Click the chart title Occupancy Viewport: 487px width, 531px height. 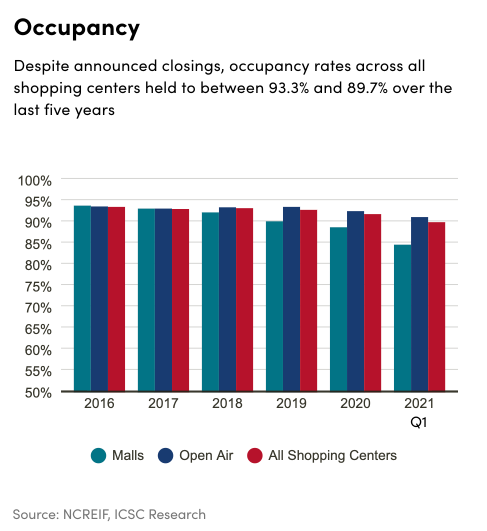click(x=76, y=28)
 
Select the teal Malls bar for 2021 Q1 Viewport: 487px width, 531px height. click(x=402, y=317)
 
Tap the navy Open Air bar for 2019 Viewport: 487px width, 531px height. click(x=291, y=298)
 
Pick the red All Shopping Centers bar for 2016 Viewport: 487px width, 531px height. click(x=116, y=298)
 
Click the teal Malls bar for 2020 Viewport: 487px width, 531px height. click(x=338, y=309)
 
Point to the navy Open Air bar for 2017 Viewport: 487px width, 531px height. click(x=163, y=299)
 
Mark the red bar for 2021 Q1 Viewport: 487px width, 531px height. click(x=436, y=306)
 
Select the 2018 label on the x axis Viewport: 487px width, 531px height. click(x=227, y=403)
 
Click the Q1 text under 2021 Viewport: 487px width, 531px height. click(x=419, y=422)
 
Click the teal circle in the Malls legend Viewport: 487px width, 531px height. click(x=98, y=455)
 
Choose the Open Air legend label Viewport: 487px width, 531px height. click(x=206, y=455)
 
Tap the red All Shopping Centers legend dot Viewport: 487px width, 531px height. click(x=255, y=455)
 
